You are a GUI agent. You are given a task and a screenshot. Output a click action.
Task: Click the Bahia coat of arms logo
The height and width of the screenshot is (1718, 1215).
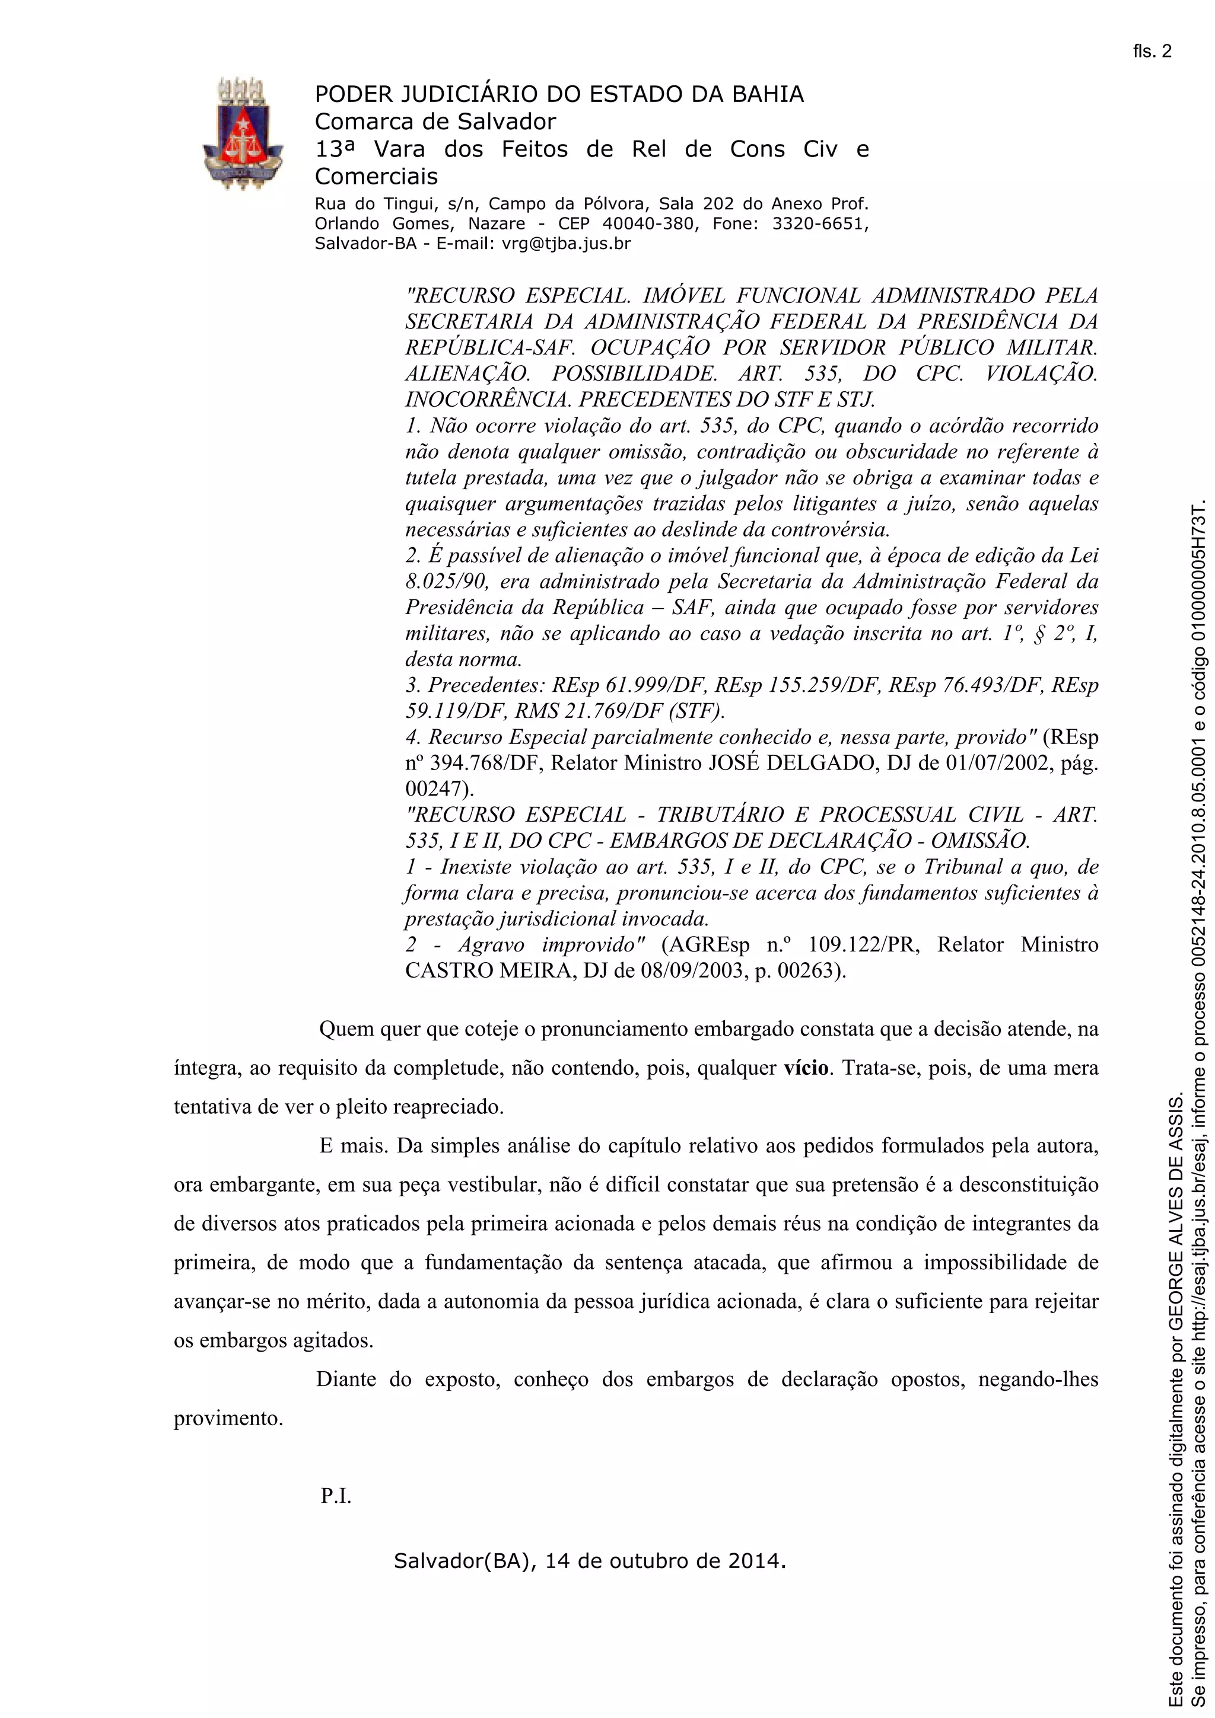tap(243, 132)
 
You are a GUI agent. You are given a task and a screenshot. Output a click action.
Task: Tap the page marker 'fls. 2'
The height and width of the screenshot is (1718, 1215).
tap(1152, 52)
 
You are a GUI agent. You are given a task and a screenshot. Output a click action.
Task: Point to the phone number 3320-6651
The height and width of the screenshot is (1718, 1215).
tap(819, 223)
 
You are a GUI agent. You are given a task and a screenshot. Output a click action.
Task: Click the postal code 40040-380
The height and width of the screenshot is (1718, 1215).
tap(648, 223)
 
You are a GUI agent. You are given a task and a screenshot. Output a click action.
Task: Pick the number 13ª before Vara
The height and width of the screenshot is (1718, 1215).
tap(334, 149)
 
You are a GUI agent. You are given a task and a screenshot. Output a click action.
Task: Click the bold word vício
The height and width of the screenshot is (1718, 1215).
tap(806, 1068)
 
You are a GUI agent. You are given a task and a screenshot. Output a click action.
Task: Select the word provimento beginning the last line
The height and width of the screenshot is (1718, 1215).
tap(228, 1418)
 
